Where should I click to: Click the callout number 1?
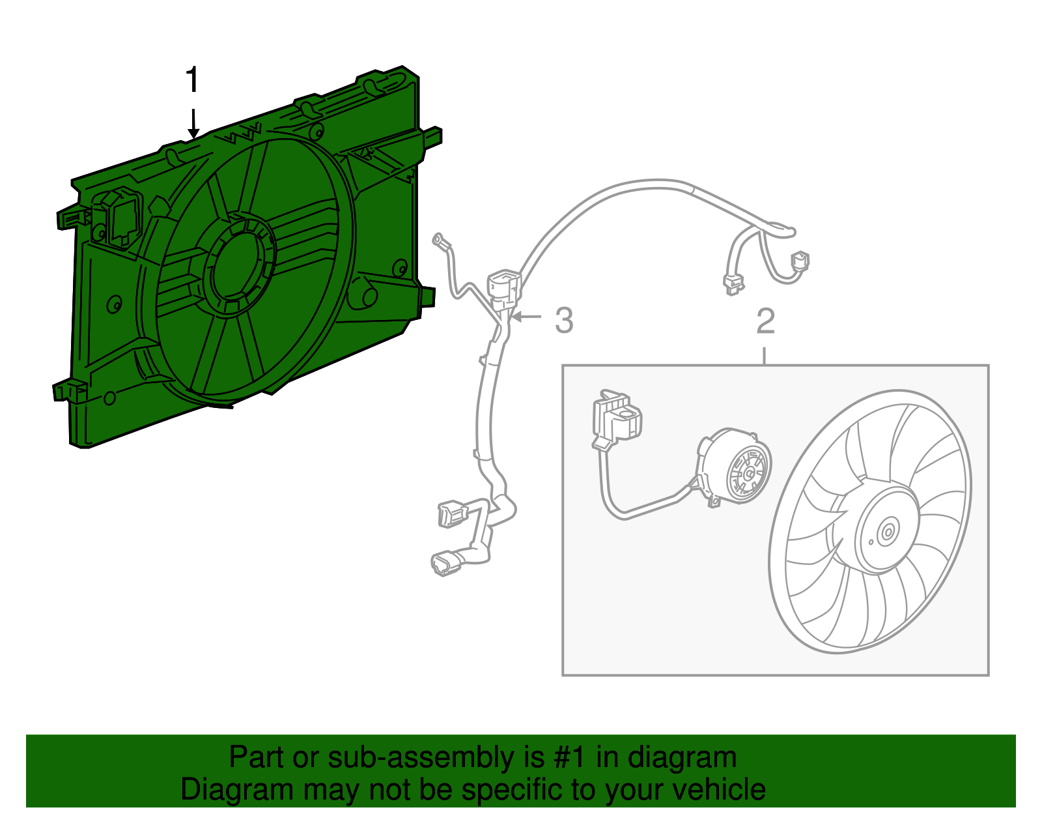pos(192,80)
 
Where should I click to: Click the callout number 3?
pos(564,321)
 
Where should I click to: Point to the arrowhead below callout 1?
pos(193,133)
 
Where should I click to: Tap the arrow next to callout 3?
pos(526,317)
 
